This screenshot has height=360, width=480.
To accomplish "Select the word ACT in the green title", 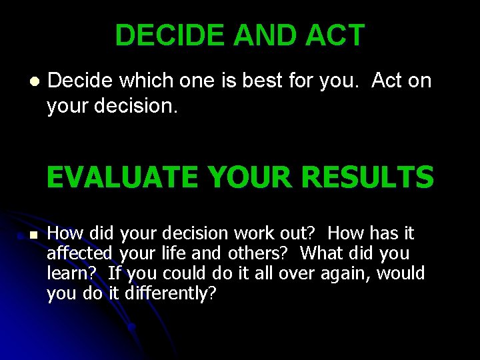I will point(335,35).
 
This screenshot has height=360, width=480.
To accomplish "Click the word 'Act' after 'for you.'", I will point(387,81).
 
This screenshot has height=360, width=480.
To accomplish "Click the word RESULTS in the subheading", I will point(367,178).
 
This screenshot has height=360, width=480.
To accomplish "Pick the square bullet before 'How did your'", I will point(34,235).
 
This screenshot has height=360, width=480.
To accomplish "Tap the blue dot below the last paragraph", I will point(132,327).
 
